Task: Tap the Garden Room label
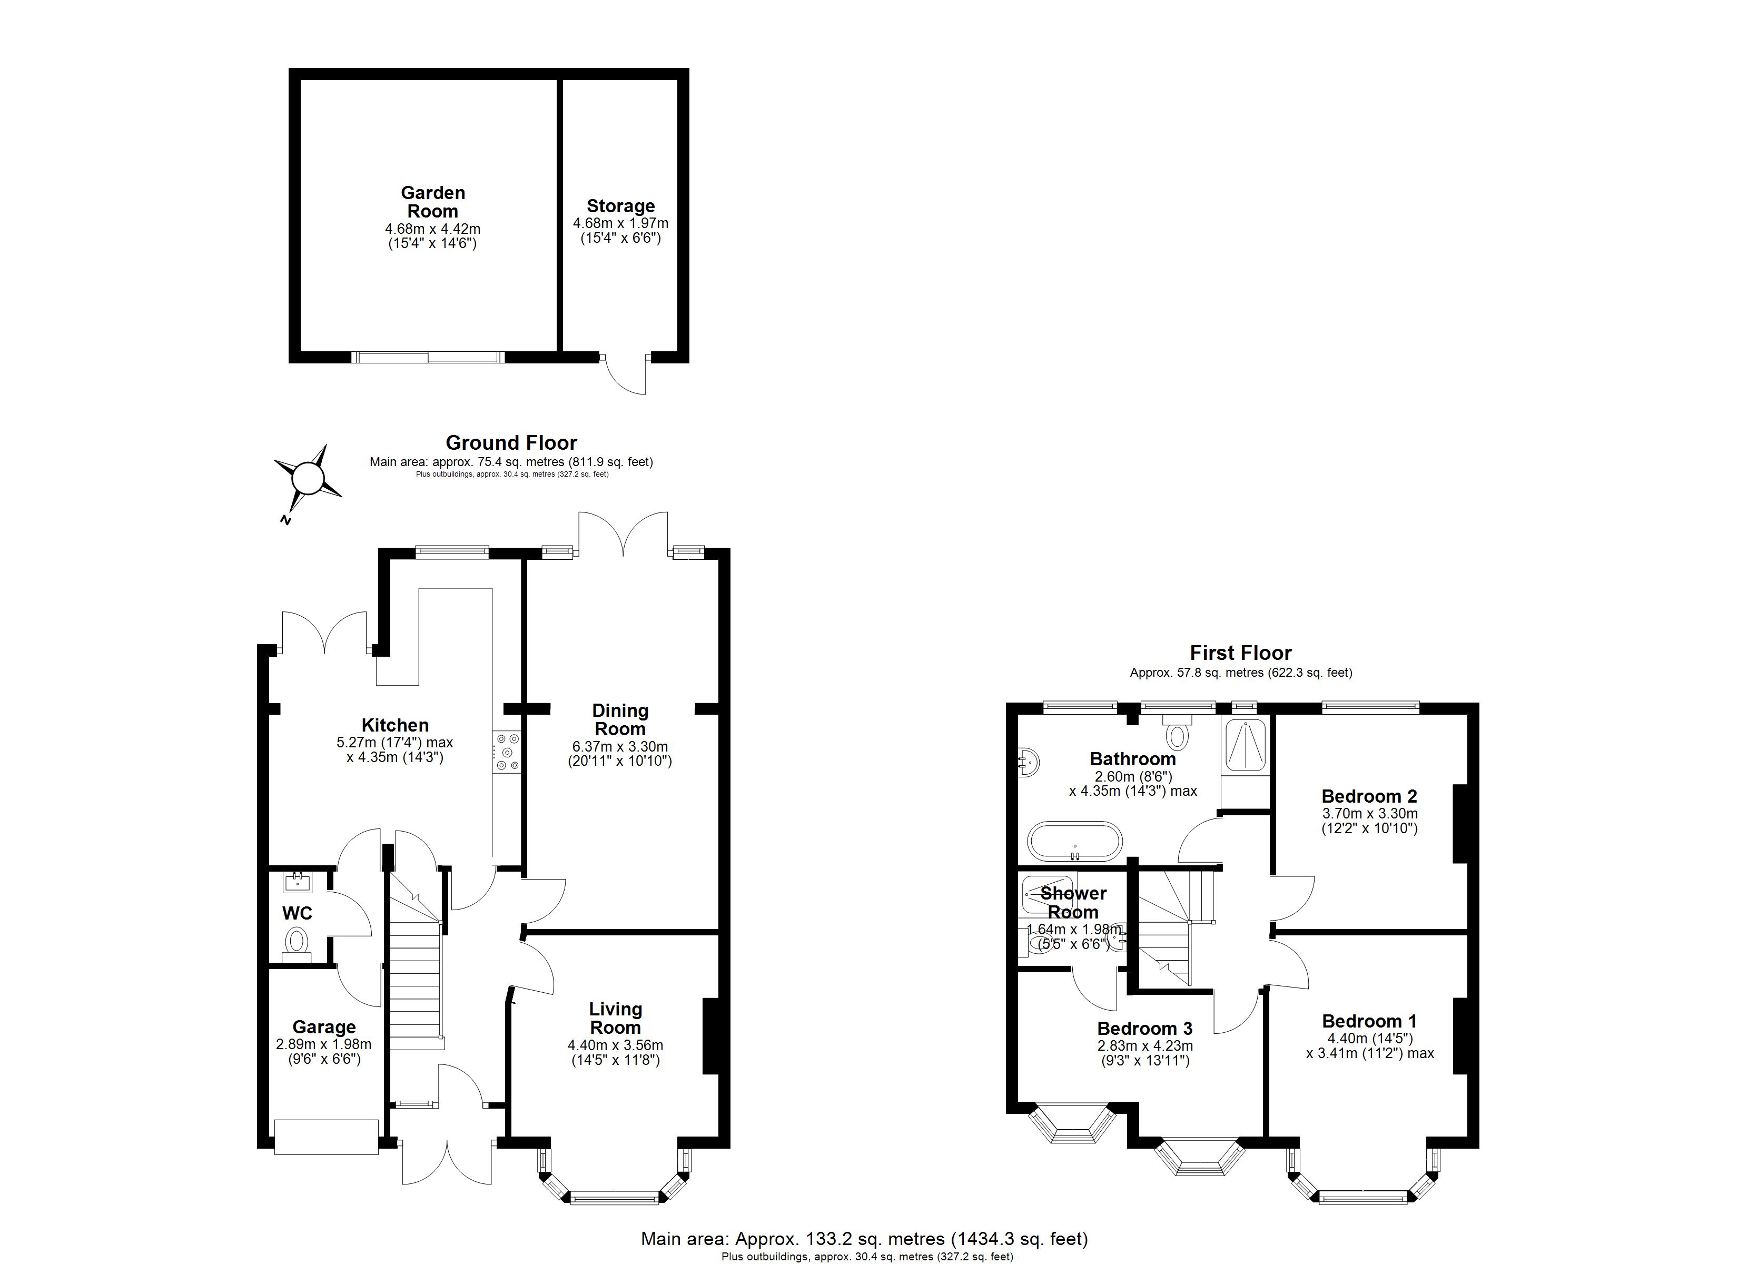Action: coord(433,202)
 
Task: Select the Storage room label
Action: coord(621,206)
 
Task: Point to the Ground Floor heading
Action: coord(511,443)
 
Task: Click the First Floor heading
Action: coord(1241,653)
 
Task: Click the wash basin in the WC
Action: coord(297,883)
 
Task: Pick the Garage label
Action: coord(324,1027)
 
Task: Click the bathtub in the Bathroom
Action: coord(1074,842)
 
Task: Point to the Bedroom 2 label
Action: coord(1369,796)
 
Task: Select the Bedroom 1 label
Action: coord(1369,1021)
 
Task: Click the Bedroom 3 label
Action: coord(1145,1029)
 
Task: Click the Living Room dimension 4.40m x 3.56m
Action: coord(615,1045)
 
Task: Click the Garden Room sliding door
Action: coord(428,357)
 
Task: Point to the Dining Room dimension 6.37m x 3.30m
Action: coord(620,747)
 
